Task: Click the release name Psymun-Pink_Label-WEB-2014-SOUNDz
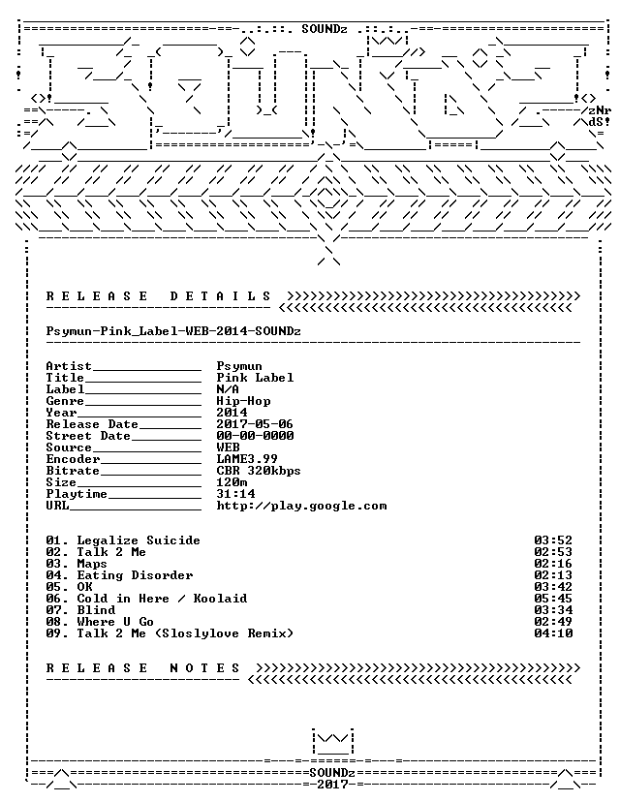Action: click(173, 331)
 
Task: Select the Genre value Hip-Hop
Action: click(243, 401)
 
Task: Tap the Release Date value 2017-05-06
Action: click(255, 424)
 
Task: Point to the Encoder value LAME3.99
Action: click(247, 459)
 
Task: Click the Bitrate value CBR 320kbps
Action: click(259, 471)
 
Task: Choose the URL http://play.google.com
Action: click(301, 506)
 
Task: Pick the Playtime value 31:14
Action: click(235, 494)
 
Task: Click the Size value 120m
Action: click(232, 482)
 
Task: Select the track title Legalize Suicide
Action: click(139, 540)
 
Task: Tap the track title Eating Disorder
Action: click(135, 575)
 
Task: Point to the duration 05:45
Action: click(553, 599)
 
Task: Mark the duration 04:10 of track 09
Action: click(553, 633)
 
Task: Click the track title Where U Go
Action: click(115, 622)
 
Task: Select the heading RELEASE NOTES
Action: click(142, 668)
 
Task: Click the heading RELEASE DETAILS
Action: click(158, 296)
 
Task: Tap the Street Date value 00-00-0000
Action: click(255, 436)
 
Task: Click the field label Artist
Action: click(69, 366)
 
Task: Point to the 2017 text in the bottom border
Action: click(332, 785)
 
